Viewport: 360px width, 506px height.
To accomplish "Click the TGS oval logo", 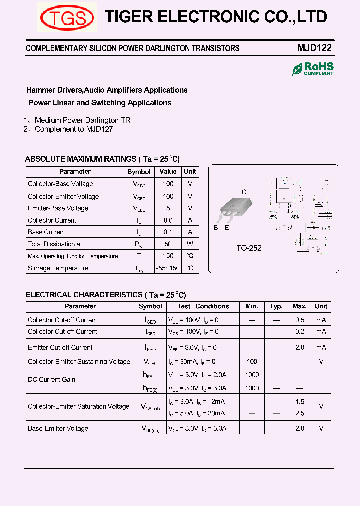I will tap(67, 18).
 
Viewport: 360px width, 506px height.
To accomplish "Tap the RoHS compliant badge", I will tap(313, 69).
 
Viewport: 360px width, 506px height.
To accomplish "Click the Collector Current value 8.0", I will tap(168, 220).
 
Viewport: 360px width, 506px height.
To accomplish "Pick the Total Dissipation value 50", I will tap(168, 244).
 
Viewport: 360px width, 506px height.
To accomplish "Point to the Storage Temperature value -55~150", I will tap(168, 268).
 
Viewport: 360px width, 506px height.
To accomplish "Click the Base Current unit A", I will tap(190, 232).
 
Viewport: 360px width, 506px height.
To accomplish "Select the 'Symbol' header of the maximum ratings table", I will tap(139, 172).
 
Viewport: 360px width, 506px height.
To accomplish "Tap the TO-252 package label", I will tap(249, 248).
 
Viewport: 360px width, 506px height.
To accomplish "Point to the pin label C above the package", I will tap(244, 192).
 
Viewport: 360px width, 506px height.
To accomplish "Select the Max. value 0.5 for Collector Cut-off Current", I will tap(300, 320).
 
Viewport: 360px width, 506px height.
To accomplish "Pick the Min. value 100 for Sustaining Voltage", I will tap(252, 362).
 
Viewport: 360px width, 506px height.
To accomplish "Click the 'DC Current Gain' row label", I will tap(52, 380).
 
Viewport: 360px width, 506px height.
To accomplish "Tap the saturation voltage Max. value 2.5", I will tap(300, 414).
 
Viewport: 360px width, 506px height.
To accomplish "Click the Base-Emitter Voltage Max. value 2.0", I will tap(300, 429).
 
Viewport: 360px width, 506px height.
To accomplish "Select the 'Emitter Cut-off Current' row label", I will tap(60, 348).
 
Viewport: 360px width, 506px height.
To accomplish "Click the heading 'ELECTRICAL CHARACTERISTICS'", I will tap(84, 295).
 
